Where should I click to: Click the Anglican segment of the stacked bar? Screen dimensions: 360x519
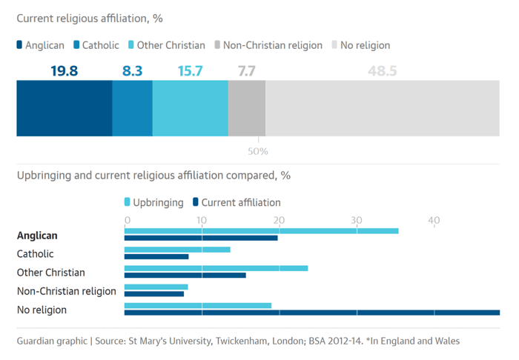[65, 108]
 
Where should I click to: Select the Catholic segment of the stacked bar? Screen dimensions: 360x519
[132, 108]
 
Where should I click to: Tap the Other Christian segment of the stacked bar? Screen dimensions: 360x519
[190, 108]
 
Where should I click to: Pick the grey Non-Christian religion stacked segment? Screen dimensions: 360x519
[246, 108]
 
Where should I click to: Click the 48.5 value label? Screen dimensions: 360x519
[383, 72]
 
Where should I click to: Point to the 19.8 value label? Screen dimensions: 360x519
[65, 72]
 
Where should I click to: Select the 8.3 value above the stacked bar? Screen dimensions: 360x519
[132, 72]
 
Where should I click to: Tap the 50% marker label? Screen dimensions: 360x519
[258, 151]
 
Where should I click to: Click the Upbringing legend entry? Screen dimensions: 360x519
[153, 202]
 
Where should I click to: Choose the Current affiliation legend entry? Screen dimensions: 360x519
[237, 202]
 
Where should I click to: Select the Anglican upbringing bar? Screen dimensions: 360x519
[261, 231]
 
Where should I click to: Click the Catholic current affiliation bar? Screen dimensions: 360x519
[156, 256]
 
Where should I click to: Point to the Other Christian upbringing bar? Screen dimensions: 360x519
[216, 268]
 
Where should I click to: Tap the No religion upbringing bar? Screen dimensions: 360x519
[198, 305]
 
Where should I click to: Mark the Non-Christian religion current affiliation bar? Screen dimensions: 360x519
[154, 293]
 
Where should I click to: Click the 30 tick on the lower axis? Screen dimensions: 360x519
[357, 220]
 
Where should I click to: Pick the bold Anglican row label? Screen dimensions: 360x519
[37, 236]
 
